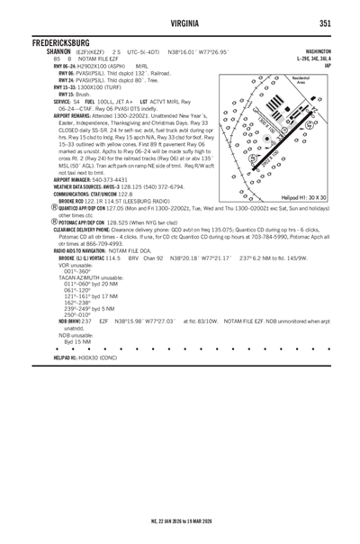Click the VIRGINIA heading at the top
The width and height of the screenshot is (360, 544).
coord(180,23)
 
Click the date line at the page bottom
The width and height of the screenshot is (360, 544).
coord(180,520)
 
